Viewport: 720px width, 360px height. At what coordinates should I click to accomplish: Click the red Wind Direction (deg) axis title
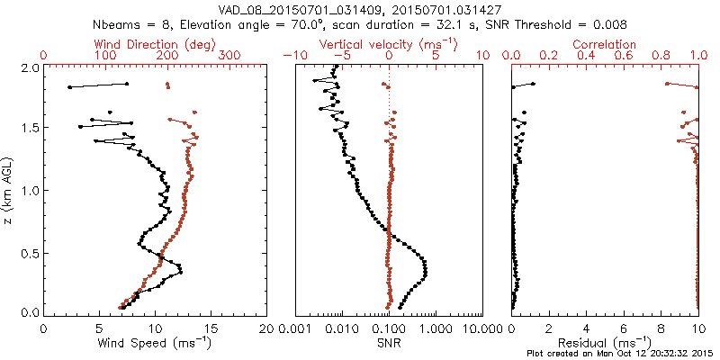pos(156,44)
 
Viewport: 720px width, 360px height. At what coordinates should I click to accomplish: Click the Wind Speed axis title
pos(156,343)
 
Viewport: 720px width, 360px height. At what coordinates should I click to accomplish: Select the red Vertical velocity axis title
pos(389,44)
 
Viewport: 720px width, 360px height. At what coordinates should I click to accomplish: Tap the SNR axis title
pos(389,343)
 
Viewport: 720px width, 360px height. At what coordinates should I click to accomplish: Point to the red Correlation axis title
pos(605,44)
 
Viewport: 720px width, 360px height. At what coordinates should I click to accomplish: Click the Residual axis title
pos(605,343)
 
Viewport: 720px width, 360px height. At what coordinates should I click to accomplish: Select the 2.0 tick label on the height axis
pos(29,67)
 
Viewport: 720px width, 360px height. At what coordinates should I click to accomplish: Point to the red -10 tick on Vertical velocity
pos(292,56)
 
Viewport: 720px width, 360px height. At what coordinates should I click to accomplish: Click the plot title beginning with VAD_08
pos(360,9)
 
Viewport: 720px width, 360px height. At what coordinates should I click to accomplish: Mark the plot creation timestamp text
pos(622,354)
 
